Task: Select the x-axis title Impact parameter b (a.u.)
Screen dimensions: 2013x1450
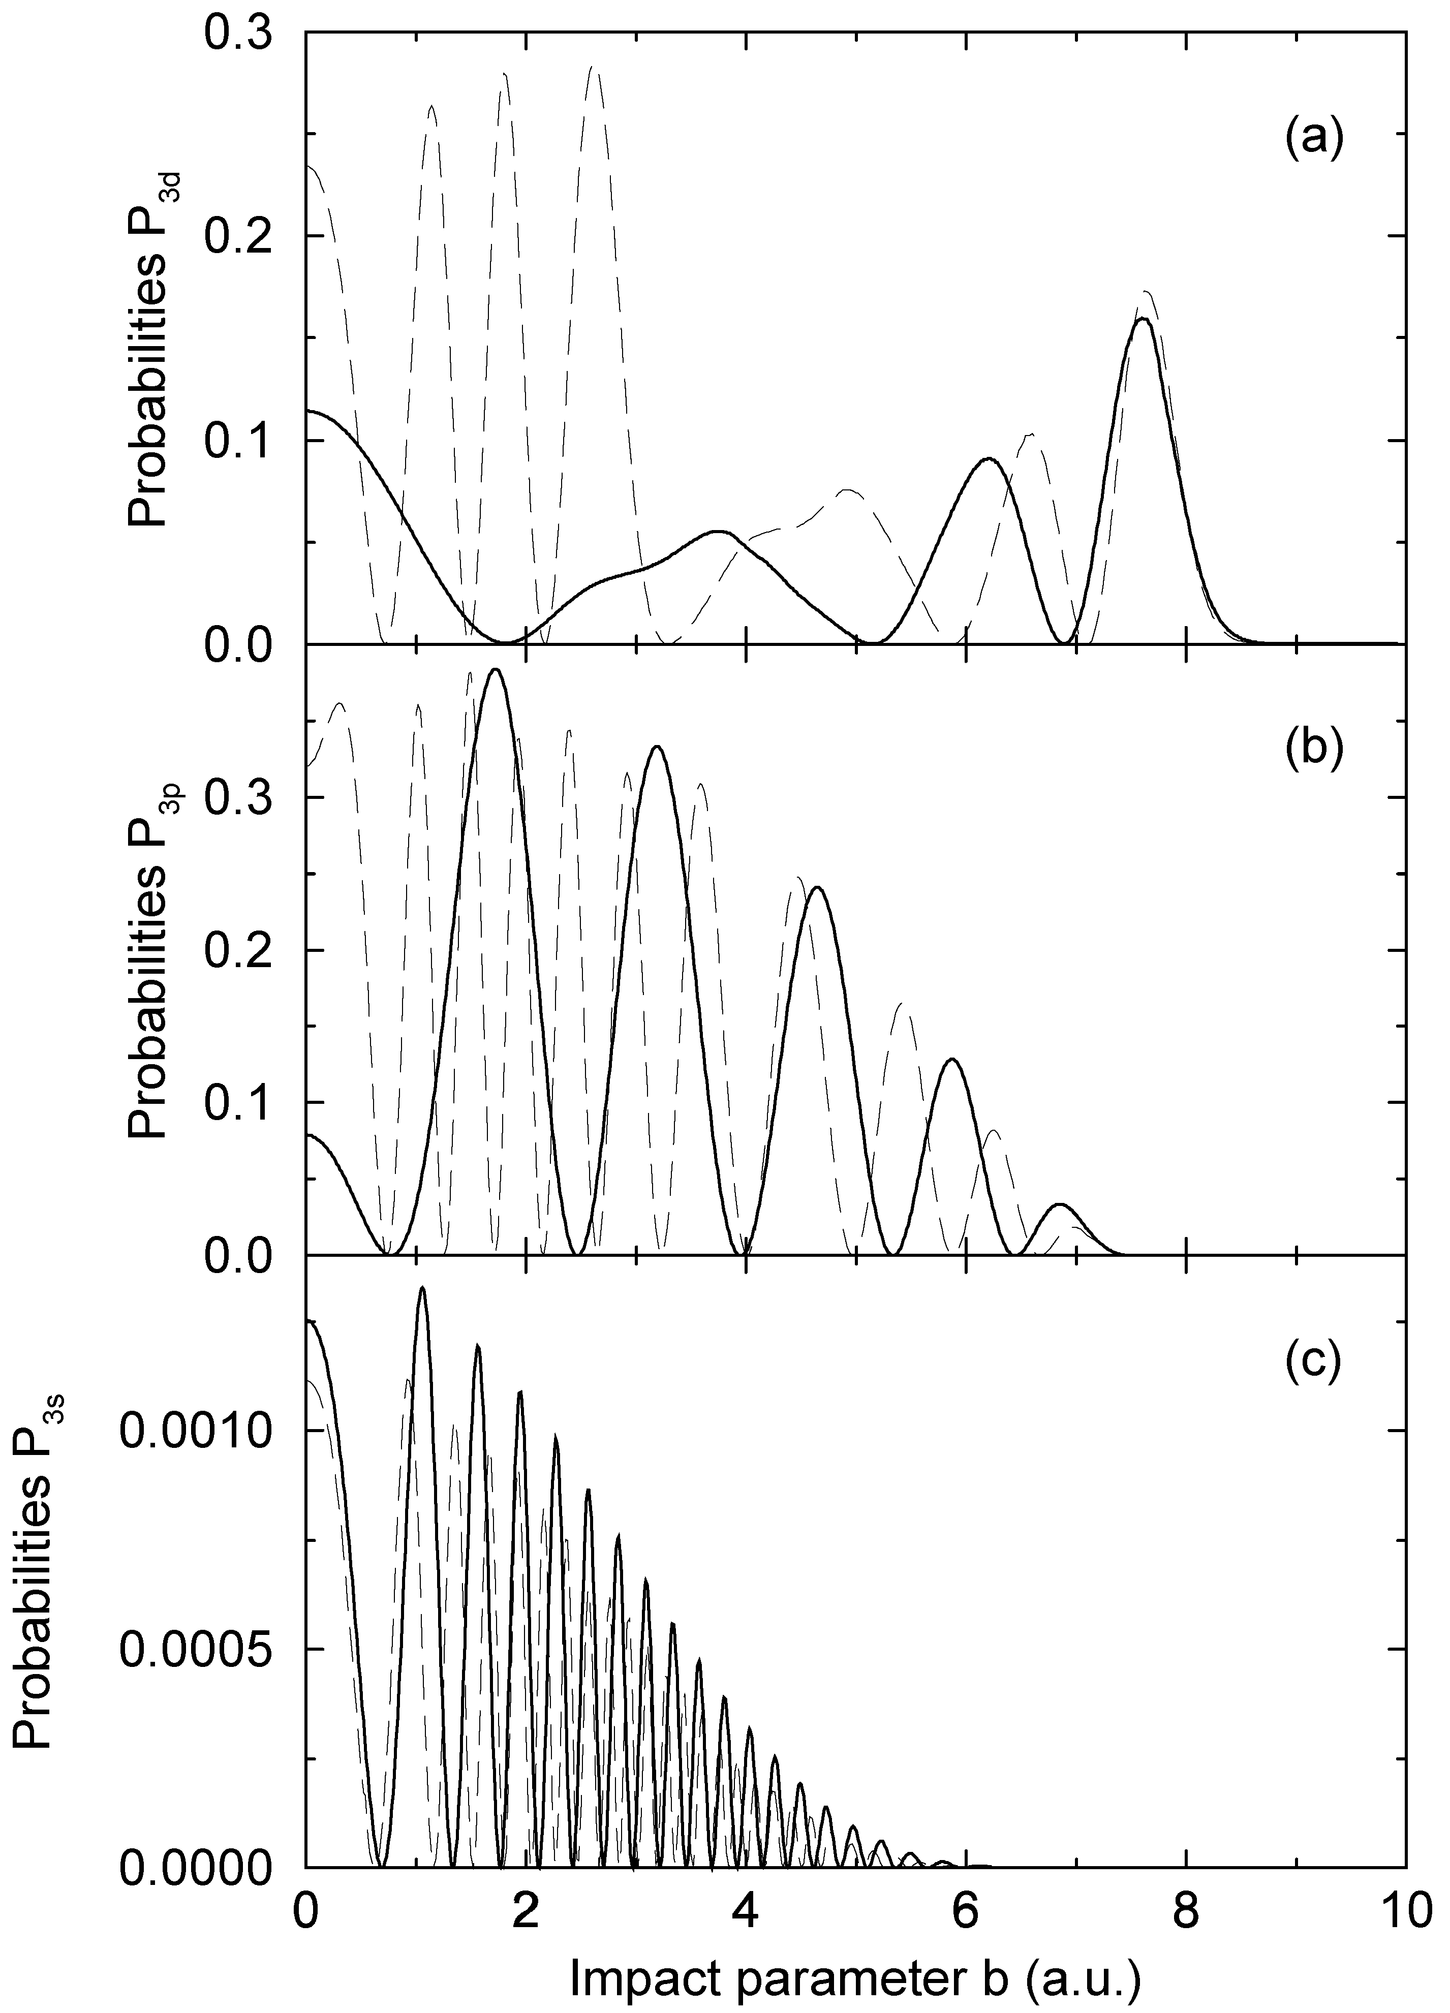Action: [854, 1976]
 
